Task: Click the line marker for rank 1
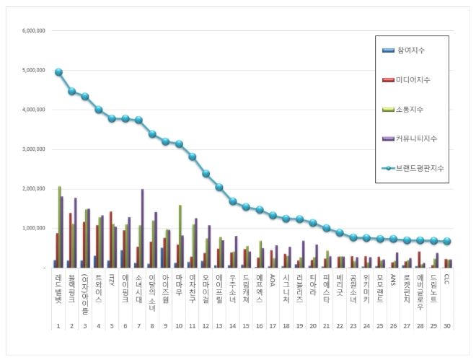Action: (x=58, y=72)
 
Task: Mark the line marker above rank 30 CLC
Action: (x=447, y=241)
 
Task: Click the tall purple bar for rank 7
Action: (x=142, y=228)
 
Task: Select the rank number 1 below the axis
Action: (x=58, y=326)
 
